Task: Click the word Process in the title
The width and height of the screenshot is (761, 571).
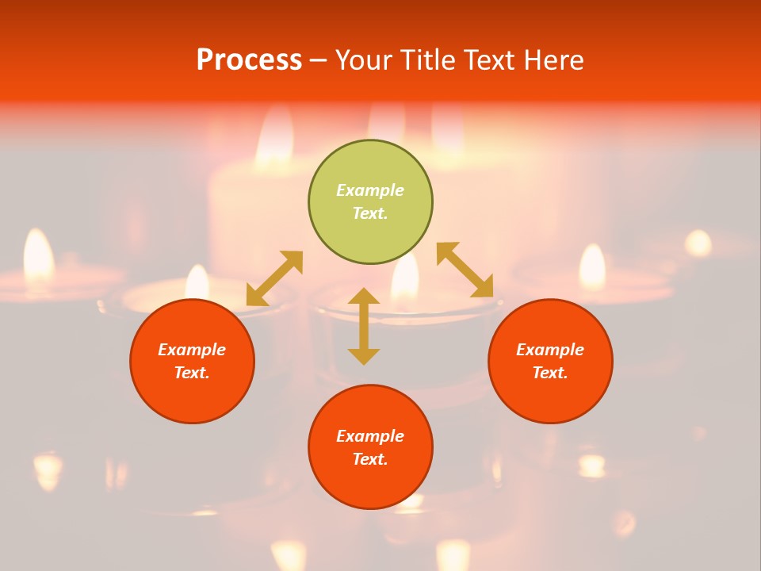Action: click(249, 60)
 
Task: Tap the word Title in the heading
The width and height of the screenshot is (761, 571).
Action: click(426, 60)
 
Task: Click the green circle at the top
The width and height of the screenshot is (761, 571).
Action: click(370, 202)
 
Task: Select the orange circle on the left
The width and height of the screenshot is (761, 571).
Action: click(192, 361)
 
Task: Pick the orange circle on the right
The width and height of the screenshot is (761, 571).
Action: click(550, 361)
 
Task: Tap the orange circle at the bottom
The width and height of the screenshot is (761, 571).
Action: click(370, 446)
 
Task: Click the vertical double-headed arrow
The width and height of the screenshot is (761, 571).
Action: click(364, 326)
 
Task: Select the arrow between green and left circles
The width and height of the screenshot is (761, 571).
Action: click(274, 278)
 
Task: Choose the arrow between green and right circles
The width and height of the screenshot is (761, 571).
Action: click(465, 270)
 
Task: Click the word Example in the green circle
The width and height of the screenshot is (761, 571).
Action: click(370, 190)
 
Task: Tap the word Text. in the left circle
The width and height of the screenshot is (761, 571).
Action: click(192, 373)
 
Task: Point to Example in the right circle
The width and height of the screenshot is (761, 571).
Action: click(550, 350)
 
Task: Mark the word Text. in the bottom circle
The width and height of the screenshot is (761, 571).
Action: click(370, 459)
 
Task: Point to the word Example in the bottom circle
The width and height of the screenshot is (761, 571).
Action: click(370, 436)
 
